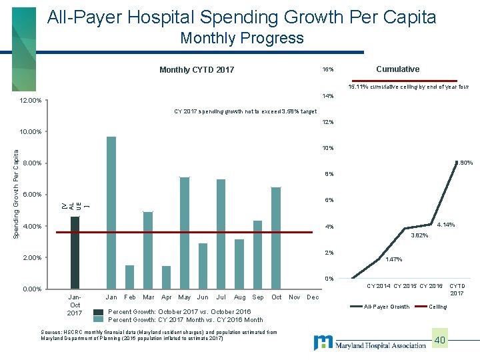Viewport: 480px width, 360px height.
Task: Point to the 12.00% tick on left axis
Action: pyautogui.click(x=31, y=101)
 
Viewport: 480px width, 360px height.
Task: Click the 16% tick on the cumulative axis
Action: pyautogui.click(x=328, y=70)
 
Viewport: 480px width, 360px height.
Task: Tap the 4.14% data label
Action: pyautogui.click(x=445, y=225)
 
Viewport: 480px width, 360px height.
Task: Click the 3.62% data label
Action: pyautogui.click(x=419, y=235)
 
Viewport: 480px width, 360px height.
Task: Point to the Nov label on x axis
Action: pyautogui.click(x=293, y=297)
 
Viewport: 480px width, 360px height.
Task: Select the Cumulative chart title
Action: pyautogui.click(x=397, y=69)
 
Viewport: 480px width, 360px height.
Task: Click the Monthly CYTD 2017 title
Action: pyautogui.click(x=197, y=69)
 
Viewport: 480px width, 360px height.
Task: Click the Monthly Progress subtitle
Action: pyautogui.click(x=241, y=38)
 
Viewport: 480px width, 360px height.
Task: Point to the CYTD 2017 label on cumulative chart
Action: pyautogui.click(x=457, y=289)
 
